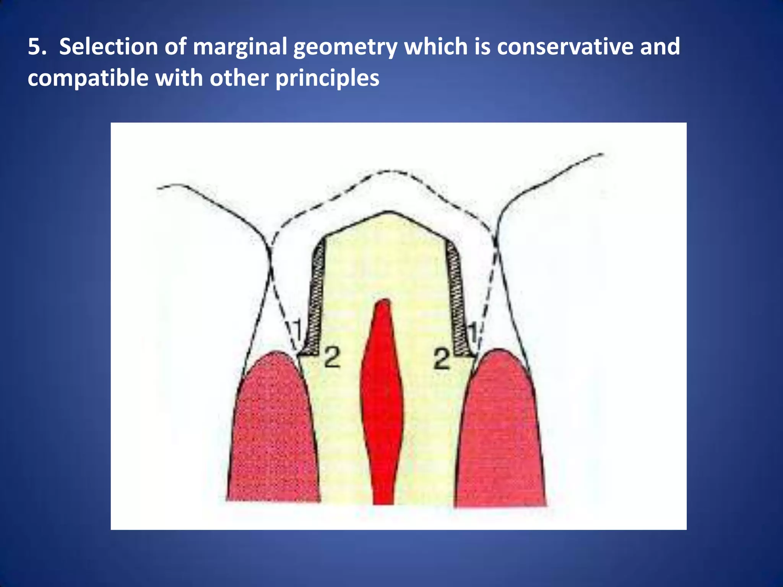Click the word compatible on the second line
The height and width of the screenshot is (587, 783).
tap(88, 78)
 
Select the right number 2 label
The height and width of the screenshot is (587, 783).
tap(442, 359)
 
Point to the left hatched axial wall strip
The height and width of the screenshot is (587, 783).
tap(317, 298)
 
